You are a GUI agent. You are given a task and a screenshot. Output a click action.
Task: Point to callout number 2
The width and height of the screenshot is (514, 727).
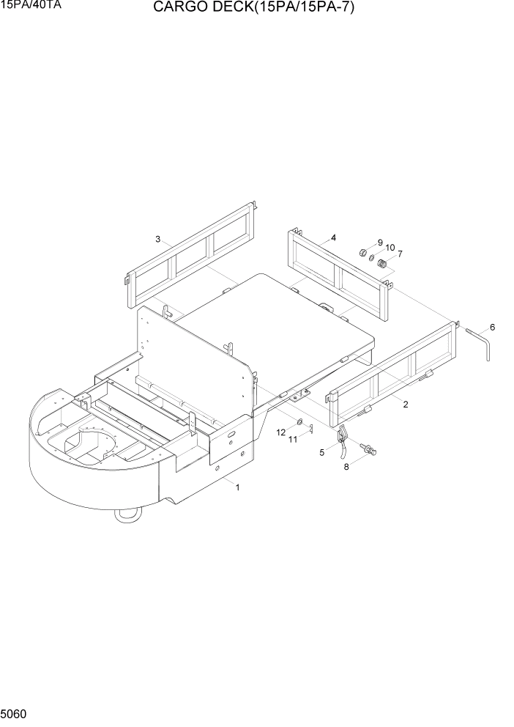(x=406, y=404)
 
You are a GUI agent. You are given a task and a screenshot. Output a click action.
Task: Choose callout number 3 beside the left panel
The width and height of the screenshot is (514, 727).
(x=157, y=239)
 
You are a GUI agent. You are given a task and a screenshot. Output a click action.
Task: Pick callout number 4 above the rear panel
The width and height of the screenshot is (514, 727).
(x=333, y=237)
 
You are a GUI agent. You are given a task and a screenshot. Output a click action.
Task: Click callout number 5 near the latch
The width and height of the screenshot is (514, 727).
(x=321, y=453)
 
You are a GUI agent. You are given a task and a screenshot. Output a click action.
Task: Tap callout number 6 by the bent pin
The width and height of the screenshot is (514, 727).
(x=492, y=327)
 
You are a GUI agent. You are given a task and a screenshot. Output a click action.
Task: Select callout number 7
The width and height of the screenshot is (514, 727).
(x=400, y=254)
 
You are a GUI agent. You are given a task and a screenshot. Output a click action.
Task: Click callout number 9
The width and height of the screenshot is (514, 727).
(x=380, y=242)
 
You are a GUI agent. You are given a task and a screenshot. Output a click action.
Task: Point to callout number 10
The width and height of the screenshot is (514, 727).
(x=390, y=248)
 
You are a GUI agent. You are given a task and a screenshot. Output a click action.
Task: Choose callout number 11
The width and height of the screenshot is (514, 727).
(x=292, y=439)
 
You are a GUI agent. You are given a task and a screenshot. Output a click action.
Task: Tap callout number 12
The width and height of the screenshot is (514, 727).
(x=281, y=432)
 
